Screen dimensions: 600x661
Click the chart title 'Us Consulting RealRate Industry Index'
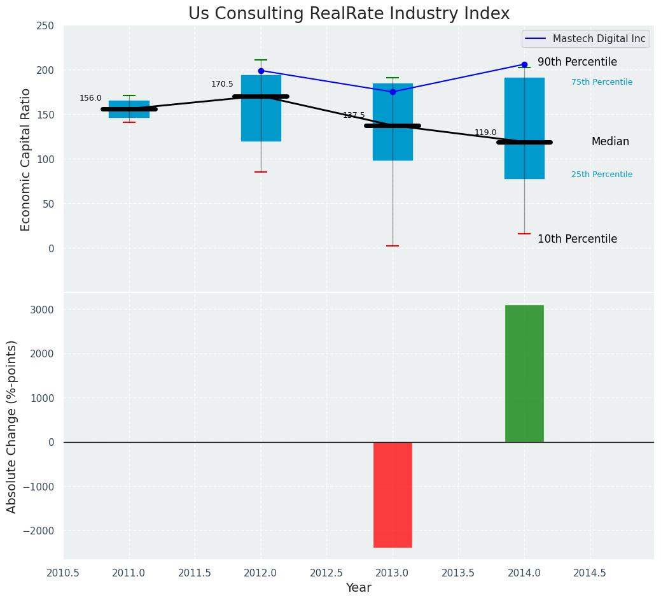point(349,14)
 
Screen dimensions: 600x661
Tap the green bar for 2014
point(524,373)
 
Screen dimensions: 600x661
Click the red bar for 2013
point(393,494)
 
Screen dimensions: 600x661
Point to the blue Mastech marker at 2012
point(261,71)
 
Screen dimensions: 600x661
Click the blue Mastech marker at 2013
point(393,92)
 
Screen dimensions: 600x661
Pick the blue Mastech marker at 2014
point(524,64)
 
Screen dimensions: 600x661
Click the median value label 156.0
point(90,98)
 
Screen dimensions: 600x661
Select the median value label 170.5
point(222,84)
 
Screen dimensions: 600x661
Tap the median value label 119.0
point(485,132)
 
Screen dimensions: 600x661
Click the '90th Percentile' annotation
point(577,62)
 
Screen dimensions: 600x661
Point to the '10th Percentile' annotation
point(577,239)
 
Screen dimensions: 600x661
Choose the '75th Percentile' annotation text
point(601,82)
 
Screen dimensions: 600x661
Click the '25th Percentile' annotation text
point(601,175)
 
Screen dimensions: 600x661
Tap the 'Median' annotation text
point(610,141)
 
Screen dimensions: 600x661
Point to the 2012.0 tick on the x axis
point(261,573)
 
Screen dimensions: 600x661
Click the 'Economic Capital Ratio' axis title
point(26,159)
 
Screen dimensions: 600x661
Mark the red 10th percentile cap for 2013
point(393,246)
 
